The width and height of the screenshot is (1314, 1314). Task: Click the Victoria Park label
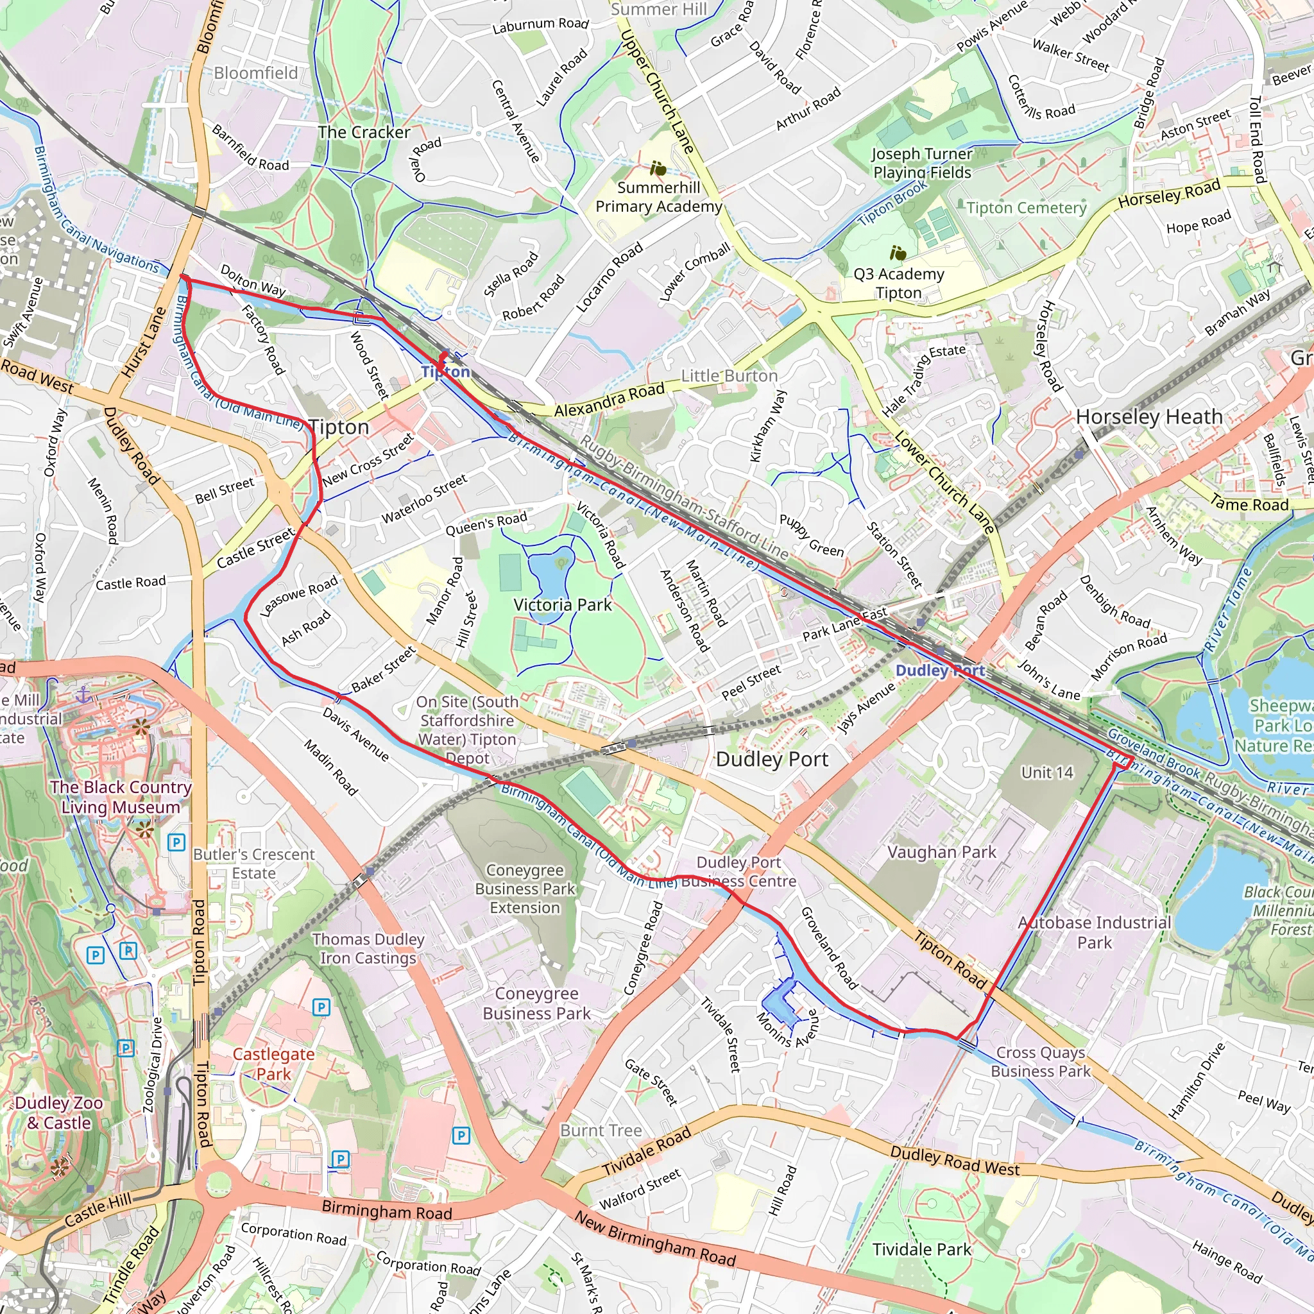563,604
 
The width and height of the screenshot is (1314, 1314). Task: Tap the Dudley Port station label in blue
940,670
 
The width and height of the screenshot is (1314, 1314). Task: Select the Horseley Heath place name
1148,416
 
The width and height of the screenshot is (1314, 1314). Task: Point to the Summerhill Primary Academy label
658,196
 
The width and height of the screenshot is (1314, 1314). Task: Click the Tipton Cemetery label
1027,207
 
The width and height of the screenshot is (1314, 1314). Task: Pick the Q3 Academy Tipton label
898,283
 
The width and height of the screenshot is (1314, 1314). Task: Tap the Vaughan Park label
941,851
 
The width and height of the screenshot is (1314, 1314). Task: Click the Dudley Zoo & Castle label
59,1112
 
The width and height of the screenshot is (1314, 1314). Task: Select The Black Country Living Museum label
121,796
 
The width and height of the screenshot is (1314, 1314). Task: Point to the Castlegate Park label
273,1064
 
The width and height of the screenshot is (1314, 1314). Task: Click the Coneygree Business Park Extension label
525,888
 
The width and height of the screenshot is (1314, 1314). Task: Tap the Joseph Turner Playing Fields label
921,162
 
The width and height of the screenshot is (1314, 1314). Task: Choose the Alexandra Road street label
609,400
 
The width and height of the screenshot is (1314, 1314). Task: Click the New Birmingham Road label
654,1239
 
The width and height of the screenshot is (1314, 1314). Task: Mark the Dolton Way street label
253,280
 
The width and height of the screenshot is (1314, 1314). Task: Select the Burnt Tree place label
601,1131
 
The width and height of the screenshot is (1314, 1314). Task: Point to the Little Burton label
729,375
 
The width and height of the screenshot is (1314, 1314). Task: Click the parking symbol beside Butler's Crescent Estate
176,842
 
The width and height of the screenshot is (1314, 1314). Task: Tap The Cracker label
364,132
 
